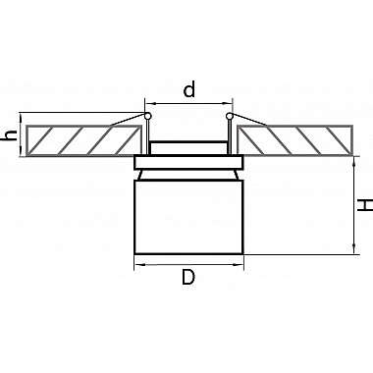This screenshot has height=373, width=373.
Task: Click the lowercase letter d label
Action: pyautogui.click(x=189, y=90)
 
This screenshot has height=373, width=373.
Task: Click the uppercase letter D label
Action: pyautogui.click(x=188, y=278)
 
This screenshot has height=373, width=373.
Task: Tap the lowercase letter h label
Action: pyautogui.click(x=11, y=134)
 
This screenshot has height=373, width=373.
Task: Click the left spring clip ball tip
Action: pyautogui.click(x=147, y=116)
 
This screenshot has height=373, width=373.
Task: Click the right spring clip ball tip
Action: pyautogui.click(x=230, y=116)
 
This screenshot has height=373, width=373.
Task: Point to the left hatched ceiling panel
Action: pyautogui.click(x=84, y=140)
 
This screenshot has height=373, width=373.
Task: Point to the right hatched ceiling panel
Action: pyautogui.click(x=295, y=140)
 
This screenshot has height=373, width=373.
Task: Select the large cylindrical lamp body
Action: pyautogui.click(x=189, y=217)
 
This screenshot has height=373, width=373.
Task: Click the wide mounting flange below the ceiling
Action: pyautogui.click(x=188, y=162)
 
